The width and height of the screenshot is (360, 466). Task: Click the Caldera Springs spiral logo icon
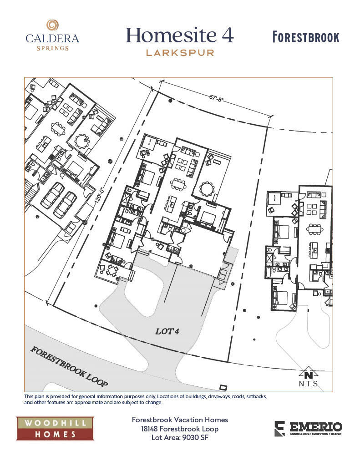[52, 26]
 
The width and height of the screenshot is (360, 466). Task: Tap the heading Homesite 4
[179, 35]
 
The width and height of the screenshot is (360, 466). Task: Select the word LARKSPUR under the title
[180, 53]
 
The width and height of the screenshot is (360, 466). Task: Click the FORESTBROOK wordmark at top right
[306, 37]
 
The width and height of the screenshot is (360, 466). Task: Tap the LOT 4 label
[167, 331]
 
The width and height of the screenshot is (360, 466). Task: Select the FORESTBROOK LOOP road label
[69, 367]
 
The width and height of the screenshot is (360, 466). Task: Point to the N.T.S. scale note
[309, 384]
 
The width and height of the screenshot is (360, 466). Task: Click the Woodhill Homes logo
[55, 428]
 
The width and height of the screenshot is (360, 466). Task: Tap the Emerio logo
[308, 429]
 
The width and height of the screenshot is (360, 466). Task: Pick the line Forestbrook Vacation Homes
[180, 420]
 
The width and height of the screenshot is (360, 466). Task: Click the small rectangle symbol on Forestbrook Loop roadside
[223, 387]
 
